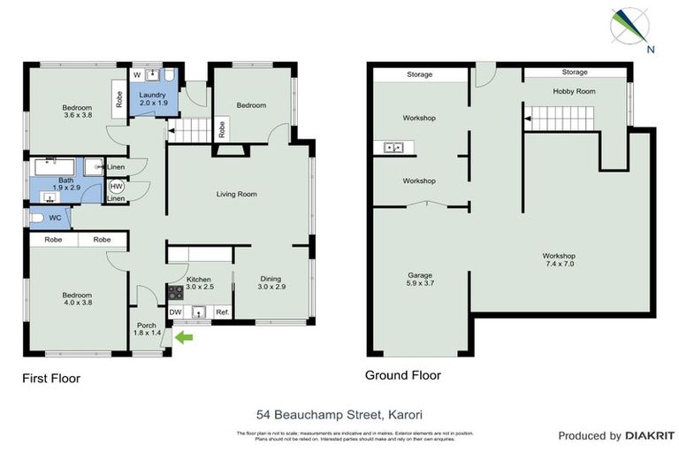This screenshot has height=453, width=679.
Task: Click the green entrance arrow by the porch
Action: point(184,336)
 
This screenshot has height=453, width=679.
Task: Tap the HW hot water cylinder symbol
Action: point(116,187)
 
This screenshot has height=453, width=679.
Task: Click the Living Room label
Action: point(236,194)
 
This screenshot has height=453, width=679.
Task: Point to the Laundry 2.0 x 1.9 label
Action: point(150,99)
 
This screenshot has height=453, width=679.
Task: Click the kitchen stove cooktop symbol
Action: point(175,291)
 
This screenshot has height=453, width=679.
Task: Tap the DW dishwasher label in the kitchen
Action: point(175,311)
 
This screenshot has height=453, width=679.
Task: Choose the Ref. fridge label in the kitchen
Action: point(222,311)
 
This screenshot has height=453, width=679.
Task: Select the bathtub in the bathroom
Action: point(56,165)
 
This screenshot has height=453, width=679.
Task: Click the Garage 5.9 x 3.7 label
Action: point(419,280)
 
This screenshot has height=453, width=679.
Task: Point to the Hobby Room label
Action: point(574,91)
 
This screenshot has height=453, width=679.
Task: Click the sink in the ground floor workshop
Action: point(393,148)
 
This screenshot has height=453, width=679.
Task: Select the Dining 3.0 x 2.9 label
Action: point(271,283)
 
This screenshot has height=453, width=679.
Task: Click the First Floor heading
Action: point(51,379)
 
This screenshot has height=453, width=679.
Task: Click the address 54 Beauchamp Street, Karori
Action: point(339,413)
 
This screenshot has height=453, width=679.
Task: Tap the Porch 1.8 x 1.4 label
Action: point(147,328)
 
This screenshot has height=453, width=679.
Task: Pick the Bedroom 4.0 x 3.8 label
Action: point(78,298)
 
